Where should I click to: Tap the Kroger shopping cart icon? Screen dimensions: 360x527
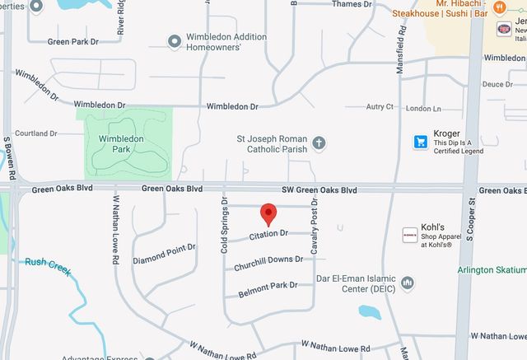click(420, 142)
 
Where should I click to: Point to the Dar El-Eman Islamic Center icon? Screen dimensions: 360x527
click(407, 283)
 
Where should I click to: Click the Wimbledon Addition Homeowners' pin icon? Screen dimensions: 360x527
click(174, 41)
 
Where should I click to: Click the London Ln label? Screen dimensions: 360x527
click(424, 109)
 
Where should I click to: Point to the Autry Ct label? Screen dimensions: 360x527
click(380, 107)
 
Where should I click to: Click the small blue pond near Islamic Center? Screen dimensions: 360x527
click(370, 312)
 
